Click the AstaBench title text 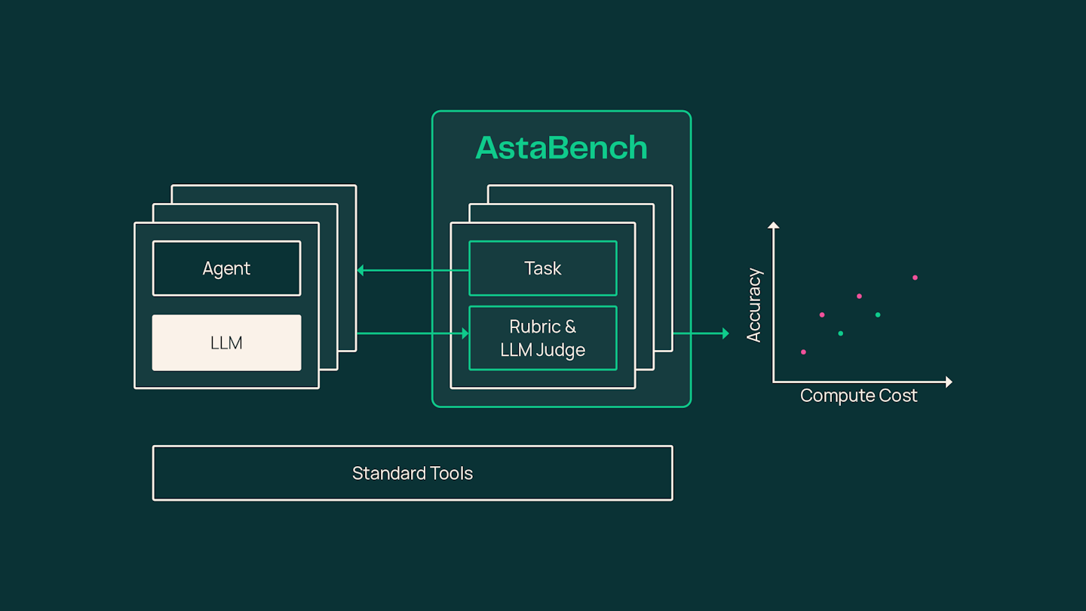561,147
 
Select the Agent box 226,269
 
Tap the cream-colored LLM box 226,342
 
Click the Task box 543,269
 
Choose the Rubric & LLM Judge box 543,338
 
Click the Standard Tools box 413,473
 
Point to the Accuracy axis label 754,305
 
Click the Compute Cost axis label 858,396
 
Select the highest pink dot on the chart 915,278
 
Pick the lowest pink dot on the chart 803,352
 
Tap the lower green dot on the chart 841,333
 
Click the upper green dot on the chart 878,315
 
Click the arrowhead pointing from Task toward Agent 360,270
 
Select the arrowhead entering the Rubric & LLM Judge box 465,333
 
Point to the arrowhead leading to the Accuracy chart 726,333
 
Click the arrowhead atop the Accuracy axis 773,225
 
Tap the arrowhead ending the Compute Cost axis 949,382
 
